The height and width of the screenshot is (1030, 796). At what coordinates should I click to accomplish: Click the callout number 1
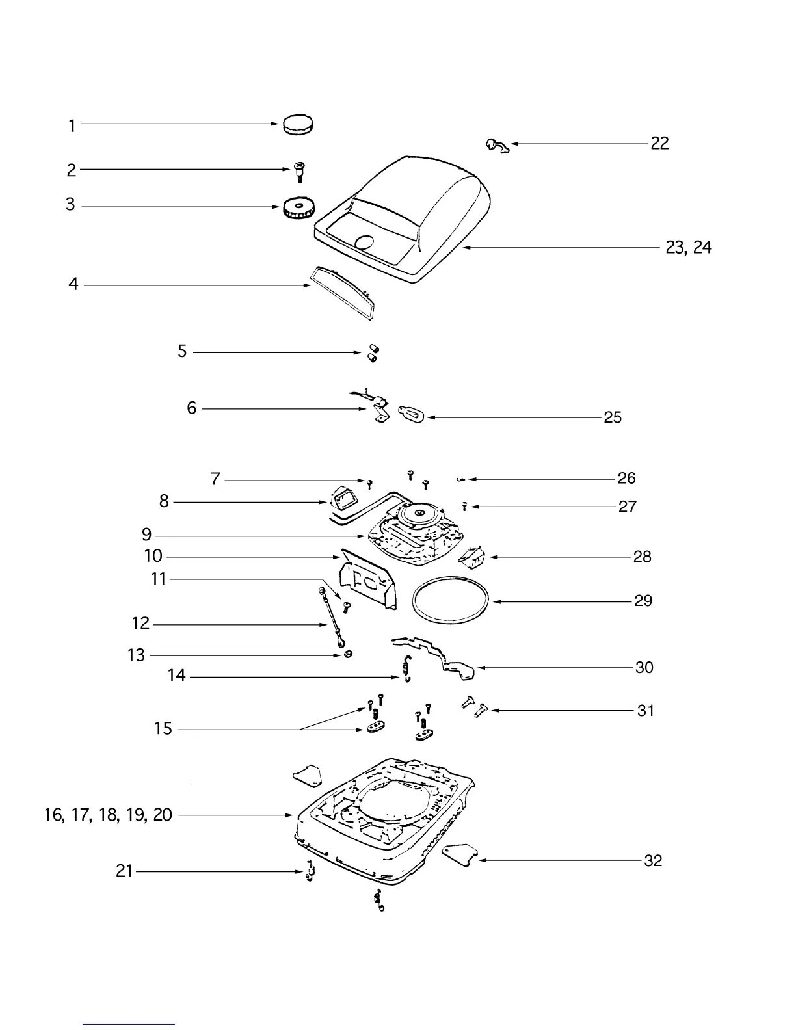(72, 125)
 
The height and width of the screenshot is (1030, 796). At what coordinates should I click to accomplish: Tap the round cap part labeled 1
(297, 124)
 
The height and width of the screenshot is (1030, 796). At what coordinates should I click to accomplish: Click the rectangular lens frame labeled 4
(343, 292)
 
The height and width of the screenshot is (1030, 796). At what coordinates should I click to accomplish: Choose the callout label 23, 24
(688, 247)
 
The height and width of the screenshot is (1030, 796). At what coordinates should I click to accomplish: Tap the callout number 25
(613, 417)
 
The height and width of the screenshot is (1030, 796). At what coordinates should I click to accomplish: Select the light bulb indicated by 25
(412, 414)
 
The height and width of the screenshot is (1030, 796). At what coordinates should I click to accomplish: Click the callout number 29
(643, 601)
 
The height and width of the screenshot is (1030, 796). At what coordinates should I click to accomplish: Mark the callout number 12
(140, 624)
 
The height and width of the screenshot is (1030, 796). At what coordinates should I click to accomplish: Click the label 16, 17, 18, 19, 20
(108, 815)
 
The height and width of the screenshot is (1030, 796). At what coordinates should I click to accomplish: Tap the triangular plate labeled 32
(461, 853)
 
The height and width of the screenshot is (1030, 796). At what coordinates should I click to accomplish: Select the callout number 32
(652, 860)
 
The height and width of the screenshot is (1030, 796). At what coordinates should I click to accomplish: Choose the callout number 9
(147, 535)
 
